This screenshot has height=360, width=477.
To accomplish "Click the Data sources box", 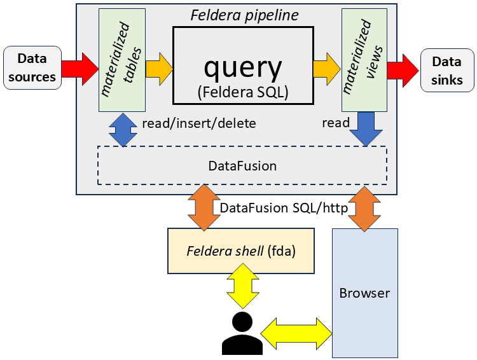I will (32, 67).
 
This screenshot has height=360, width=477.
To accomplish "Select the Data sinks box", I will (446, 71).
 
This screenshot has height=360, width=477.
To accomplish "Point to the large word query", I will (242, 67).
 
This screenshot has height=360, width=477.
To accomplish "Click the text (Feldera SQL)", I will (242, 92).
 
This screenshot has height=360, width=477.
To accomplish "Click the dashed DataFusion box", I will (242, 166).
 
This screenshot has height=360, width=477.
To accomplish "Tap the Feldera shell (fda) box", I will (241, 251).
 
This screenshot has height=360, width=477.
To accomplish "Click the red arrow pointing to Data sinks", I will (401, 67).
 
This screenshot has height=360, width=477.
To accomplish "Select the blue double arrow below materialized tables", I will (122, 129).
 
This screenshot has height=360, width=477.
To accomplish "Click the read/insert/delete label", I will (198, 123).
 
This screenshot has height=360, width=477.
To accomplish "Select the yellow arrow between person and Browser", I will (296, 332).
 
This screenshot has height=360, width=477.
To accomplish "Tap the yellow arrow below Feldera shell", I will (242, 288).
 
